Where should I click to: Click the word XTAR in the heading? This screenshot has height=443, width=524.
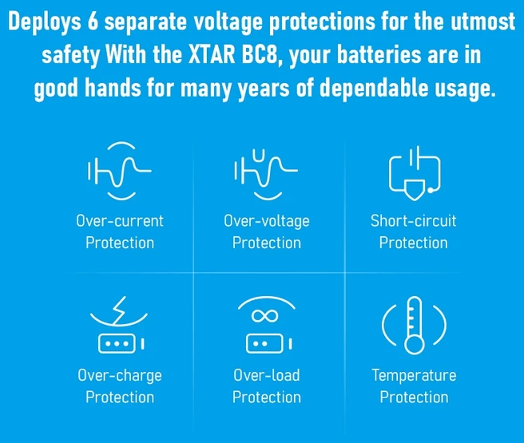click(x=212, y=55)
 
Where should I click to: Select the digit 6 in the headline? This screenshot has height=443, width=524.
click(x=93, y=22)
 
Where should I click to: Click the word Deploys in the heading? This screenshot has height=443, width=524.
click(x=45, y=22)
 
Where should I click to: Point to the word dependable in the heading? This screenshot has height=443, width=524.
click(x=374, y=88)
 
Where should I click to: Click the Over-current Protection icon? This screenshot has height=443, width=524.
click(x=120, y=171)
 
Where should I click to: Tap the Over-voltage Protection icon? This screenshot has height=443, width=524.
click(x=266, y=175)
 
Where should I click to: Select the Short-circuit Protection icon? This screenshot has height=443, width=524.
click(x=415, y=173)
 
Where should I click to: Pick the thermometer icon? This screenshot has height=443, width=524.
click(x=415, y=325)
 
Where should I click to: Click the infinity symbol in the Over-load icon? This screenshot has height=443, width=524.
click(x=265, y=315)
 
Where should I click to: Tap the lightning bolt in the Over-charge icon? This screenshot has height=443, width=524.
click(x=119, y=310)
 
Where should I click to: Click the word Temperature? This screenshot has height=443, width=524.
click(x=414, y=376)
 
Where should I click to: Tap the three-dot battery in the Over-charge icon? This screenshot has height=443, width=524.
click(x=117, y=343)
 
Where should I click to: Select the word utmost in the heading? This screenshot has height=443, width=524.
click(x=482, y=22)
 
